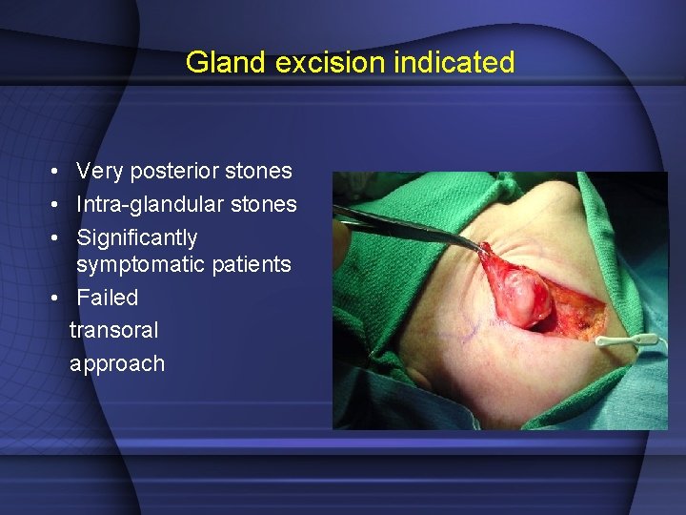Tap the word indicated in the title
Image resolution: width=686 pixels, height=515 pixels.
click(x=461, y=63)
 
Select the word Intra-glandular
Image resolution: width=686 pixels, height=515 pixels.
click(x=152, y=204)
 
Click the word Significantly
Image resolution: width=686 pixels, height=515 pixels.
click(x=137, y=237)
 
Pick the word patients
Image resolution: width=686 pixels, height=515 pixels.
click(x=255, y=264)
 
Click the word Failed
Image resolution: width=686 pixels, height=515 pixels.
click(x=107, y=298)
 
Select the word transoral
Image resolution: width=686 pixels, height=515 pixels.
click(x=113, y=330)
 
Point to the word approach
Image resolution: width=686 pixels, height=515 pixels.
click(x=116, y=363)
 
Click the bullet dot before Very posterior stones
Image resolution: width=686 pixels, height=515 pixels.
click(x=58, y=173)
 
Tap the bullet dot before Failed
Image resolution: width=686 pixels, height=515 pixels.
click(x=58, y=299)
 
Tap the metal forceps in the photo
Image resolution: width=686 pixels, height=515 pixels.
click(x=410, y=226)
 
